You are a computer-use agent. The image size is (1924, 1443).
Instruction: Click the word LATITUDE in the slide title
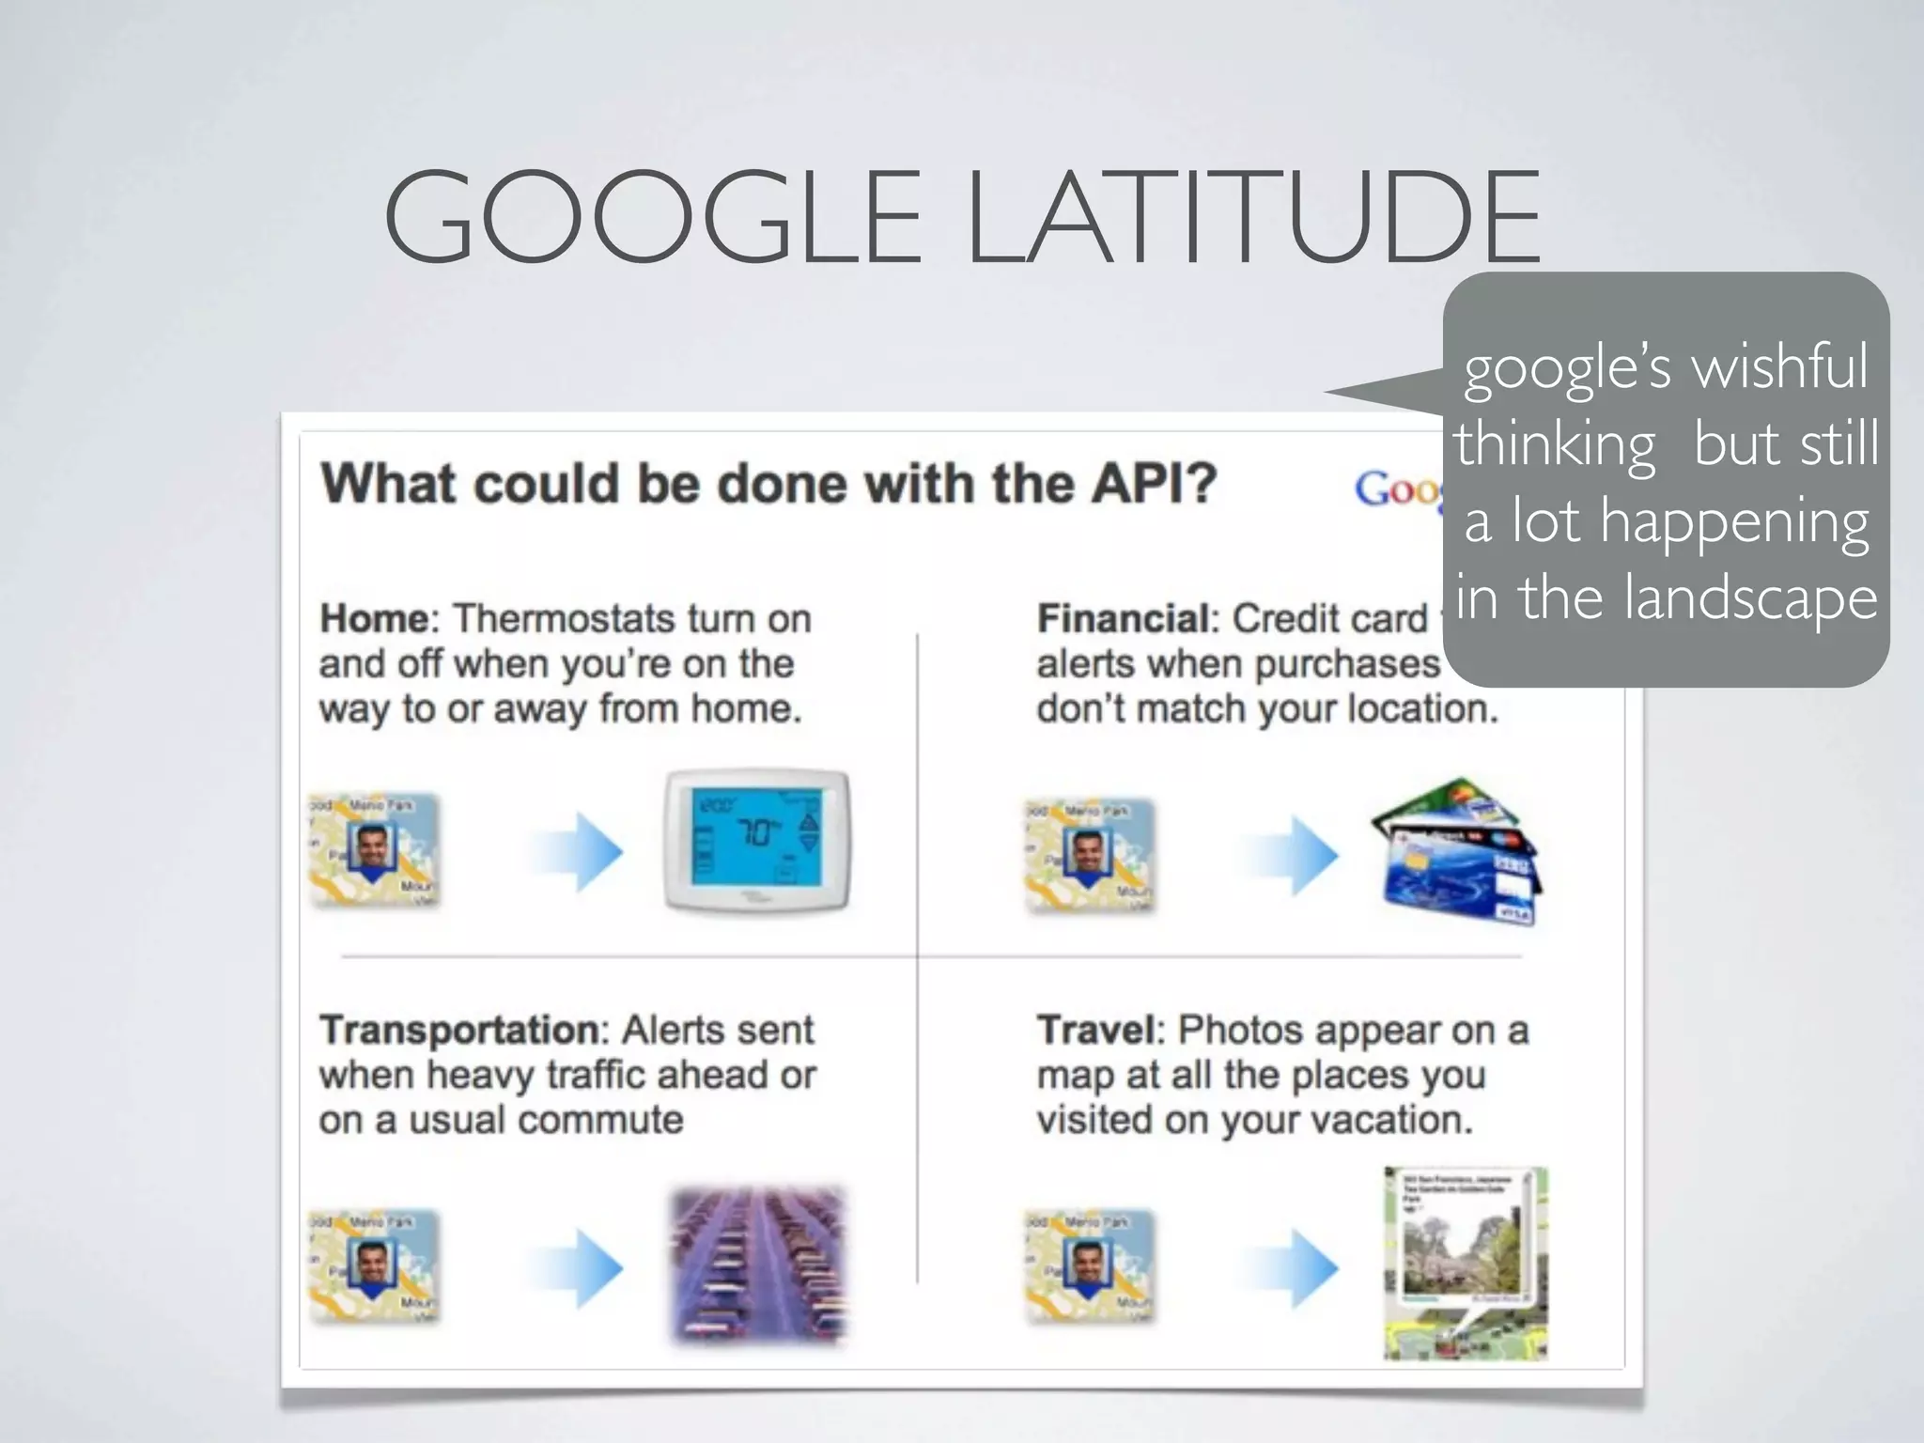1253,218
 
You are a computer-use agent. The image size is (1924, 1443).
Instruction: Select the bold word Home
374,619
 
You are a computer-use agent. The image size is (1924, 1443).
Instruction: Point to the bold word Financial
1122,619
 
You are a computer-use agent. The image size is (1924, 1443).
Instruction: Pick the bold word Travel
1094,1031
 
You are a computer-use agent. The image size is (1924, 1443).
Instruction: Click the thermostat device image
757,842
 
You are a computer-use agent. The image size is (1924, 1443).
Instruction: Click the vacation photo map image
1465,1264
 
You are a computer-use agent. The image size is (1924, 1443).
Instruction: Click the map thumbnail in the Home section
375,850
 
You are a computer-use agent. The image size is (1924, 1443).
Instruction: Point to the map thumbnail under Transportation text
375,1266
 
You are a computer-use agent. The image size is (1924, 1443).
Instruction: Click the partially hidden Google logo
1398,489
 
